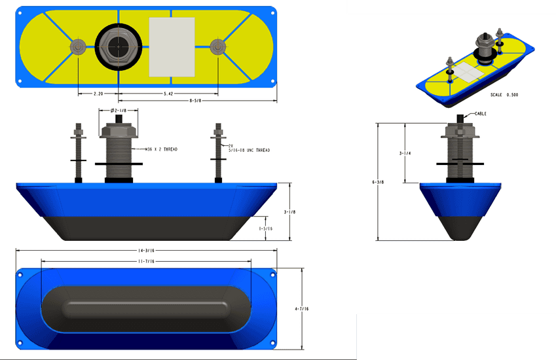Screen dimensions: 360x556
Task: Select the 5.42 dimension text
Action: (x=168, y=94)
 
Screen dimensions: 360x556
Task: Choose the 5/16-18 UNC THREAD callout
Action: (x=250, y=151)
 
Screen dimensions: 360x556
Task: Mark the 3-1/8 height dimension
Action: (x=289, y=212)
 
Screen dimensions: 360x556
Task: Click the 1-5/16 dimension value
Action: (x=266, y=228)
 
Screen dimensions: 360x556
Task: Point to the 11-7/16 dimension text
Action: (x=145, y=261)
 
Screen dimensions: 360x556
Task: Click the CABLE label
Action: (x=480, y=113)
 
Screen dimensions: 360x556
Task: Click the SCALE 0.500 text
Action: (x=504, y=95)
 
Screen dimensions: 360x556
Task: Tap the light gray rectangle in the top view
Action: (x=172, y=46)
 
